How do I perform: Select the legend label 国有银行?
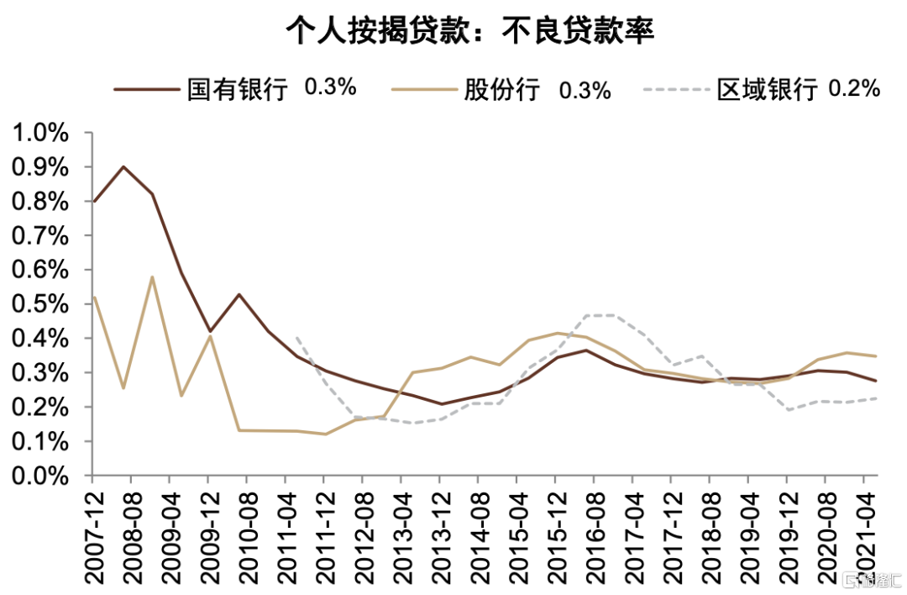pyautogui.click(x=237, y=89)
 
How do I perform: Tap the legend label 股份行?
pyautogui.click(x=501, y=89)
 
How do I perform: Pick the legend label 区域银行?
pyautogui.click(x=766, y=89)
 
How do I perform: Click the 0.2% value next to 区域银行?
pyautogui.click(x=854, y=87)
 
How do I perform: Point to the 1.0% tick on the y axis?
pyautogui.click(x=39, y=134)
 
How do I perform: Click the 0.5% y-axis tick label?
pyautogui.click(x=39, y=305)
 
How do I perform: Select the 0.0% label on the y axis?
pyautogui.click(x=39, y=477)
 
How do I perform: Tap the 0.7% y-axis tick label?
pyautogui.click(x=39, y=236)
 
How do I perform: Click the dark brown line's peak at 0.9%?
pyautogui.click(x=124, y=166)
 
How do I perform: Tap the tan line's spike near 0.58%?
pyautogui.click(x=151, y=276)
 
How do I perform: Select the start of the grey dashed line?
pyautogui.click(x=296, y=337)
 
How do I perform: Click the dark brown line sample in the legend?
pyautogui.click(x=146, y=89)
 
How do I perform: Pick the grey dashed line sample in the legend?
pyautogui.click(x=675, y=89)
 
